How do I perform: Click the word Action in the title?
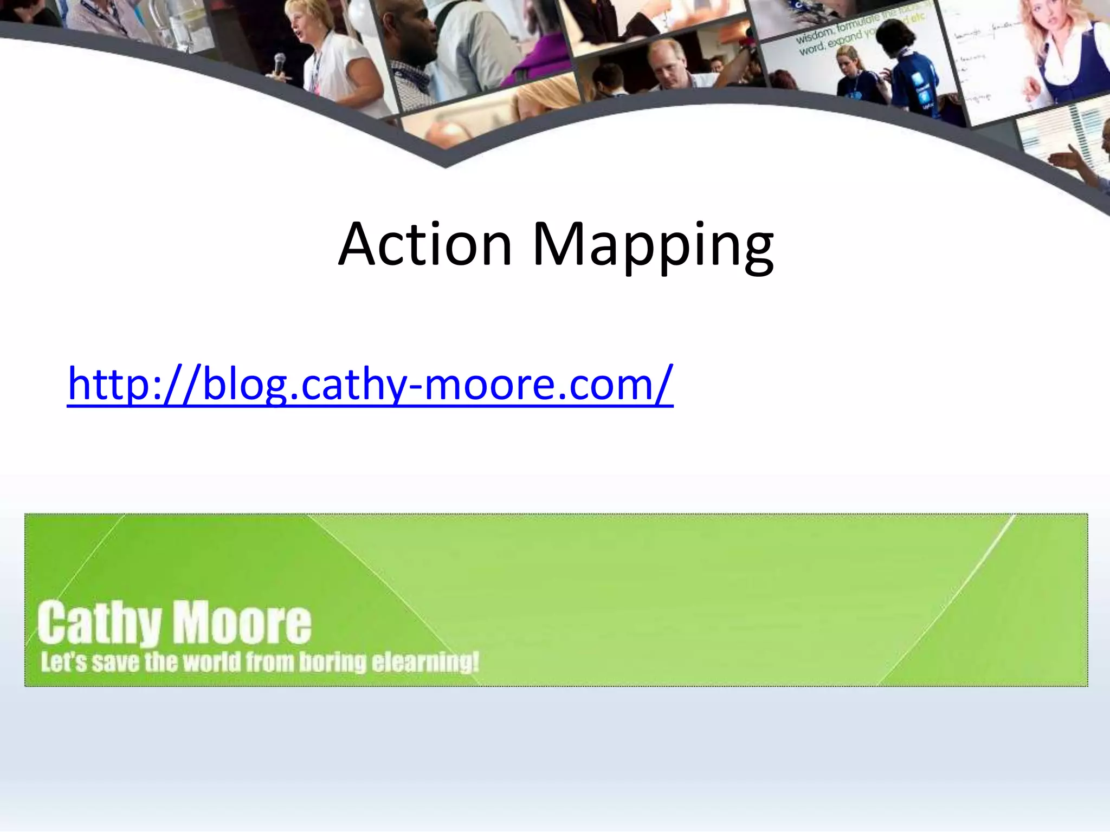point(425,245)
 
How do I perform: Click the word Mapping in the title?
point(653,246)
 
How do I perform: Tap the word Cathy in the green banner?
point(100,623)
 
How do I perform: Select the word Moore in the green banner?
point(242,623)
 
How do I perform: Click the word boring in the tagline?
point(333,662)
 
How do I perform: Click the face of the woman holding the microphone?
point(303,22)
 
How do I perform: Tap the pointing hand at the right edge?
point(1065,160)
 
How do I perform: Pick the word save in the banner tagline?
point(108,662)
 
